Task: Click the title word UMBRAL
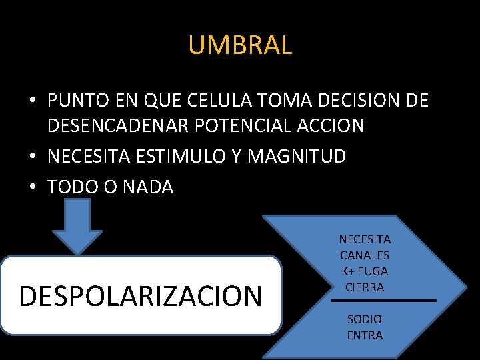[240, 45]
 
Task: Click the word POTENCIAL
[247, 125]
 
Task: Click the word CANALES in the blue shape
[365, 255]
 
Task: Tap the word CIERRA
[365, 287]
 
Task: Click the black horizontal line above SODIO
[383, 301]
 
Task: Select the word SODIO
[365, 319]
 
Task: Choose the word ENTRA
[365, 335]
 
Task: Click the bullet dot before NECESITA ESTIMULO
[32, 157]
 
